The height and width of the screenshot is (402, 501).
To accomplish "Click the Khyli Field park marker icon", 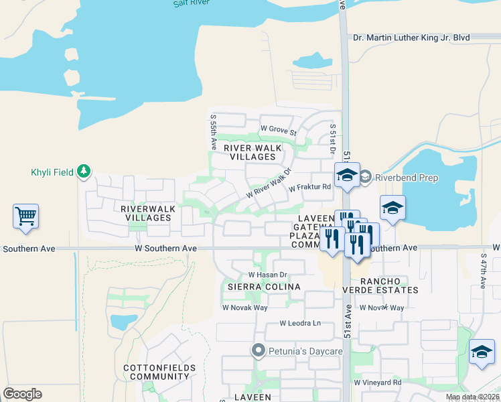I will [x=83, y=172].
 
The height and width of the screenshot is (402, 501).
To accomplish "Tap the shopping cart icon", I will [x=25, y=216].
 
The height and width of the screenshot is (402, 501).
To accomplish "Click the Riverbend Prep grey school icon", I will [x=365, y=178].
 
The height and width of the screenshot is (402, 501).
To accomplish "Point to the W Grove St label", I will [x=278, y=128].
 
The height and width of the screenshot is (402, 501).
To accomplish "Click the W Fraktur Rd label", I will [x=310, y=188].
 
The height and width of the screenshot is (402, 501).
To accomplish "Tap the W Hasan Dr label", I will [x=267, y=275].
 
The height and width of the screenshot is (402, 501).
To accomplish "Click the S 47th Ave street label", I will [x=483, y=271].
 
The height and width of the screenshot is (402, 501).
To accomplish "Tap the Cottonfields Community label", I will [x=159, y=372].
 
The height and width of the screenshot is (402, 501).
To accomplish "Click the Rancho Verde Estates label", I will [x=390, y=285].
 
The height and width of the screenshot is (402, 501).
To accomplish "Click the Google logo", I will [x=22, y=394].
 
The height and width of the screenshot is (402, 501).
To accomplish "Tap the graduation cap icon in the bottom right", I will [x=482, y=352].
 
